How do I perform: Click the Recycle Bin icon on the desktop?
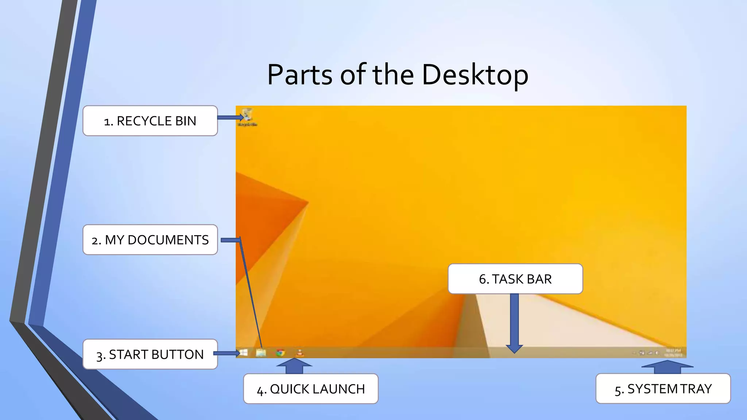click(x=247, y=114)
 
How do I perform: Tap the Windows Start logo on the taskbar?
click(x=244, y=353)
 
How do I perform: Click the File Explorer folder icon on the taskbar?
click(x=261, y=353)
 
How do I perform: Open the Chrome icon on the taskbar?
click(x=280, y=353)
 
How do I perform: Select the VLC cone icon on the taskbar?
click(x=299, y=353)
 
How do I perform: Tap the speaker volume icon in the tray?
click(x=657, y=353)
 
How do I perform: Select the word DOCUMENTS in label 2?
click(x=168, y=240)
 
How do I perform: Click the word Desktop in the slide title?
click(x=475, y=75)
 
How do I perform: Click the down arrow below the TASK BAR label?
click(x=514, y=323)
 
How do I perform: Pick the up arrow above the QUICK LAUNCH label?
click(x=294, y=366)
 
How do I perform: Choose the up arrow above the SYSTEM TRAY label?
click(x=667, y=367)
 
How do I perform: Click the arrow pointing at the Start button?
click(x=227, y=353)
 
